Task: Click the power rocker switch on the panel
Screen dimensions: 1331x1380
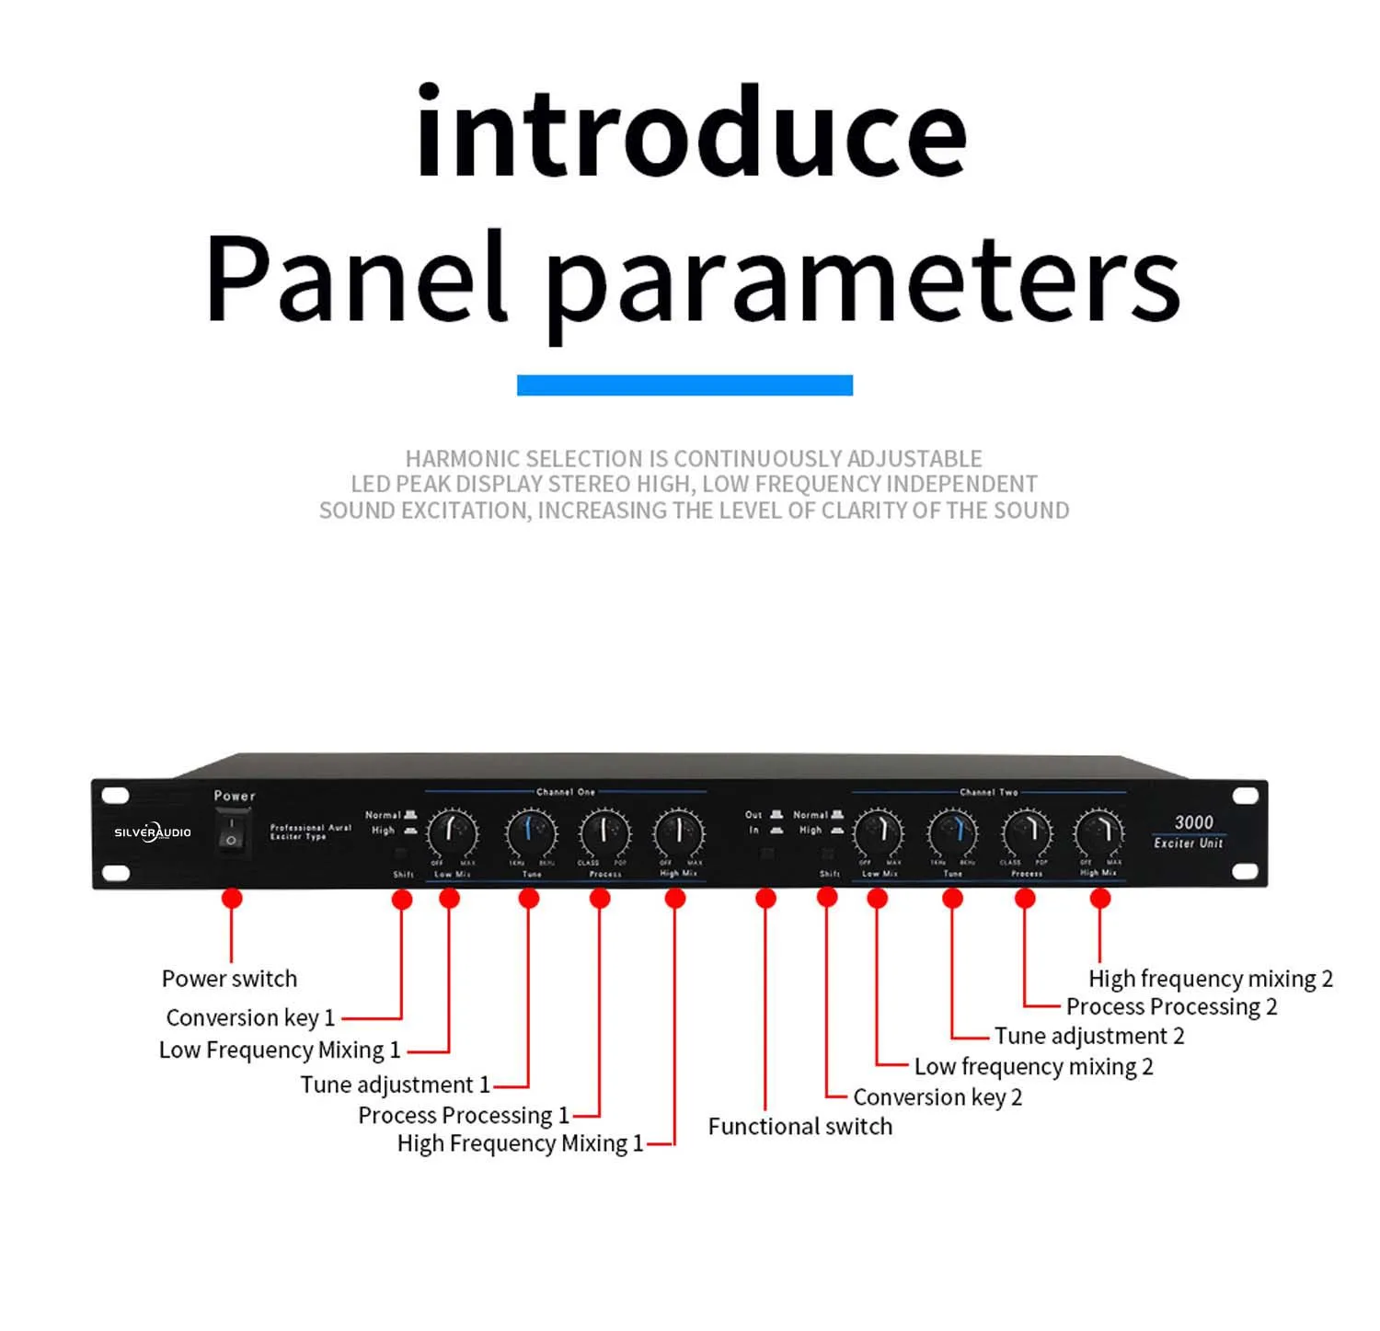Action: [x=232, y=832]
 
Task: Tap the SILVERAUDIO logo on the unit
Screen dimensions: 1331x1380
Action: [x=153, y=832]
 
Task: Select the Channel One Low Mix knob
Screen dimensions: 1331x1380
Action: [x=453, y=832]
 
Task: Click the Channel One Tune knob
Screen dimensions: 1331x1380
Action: [x=531, y=832]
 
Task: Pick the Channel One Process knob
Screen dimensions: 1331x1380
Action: [x=604, y=832]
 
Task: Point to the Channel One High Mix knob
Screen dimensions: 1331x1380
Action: [x=679, y=832]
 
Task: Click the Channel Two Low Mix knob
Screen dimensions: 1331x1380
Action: [x=879, y=832]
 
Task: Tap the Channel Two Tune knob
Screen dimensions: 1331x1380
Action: [x=952, y=832]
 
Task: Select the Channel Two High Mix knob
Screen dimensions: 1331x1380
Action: [x=1098, y=832]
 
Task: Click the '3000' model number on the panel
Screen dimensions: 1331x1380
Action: [x=1193, y=822]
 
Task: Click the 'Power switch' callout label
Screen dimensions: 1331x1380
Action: [x=229, y=979]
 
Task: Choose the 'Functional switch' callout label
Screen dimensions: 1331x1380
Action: [x=799, y=1127]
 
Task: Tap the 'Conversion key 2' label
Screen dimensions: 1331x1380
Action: [x=937, y=1097]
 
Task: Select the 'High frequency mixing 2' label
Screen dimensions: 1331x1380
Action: [x=1210, y=979]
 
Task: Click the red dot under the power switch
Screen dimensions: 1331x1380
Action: [x=232, y=898]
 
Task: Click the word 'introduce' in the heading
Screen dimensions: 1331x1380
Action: [x=691, y=132]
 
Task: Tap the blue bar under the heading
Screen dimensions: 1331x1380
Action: [x=684, y=385]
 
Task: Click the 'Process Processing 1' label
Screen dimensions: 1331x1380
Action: [x=463, y=1116]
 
